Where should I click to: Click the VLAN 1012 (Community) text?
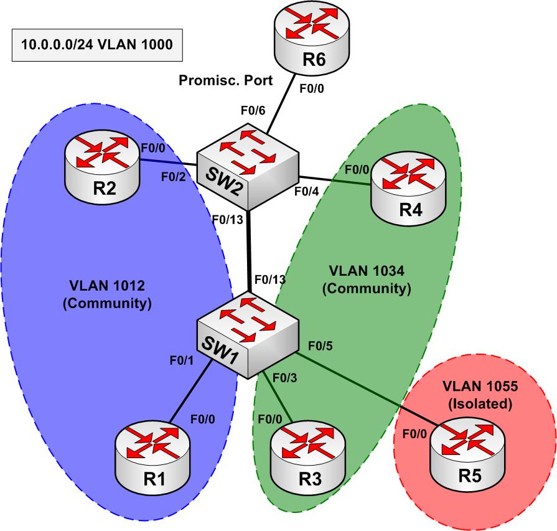[111, 295]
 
